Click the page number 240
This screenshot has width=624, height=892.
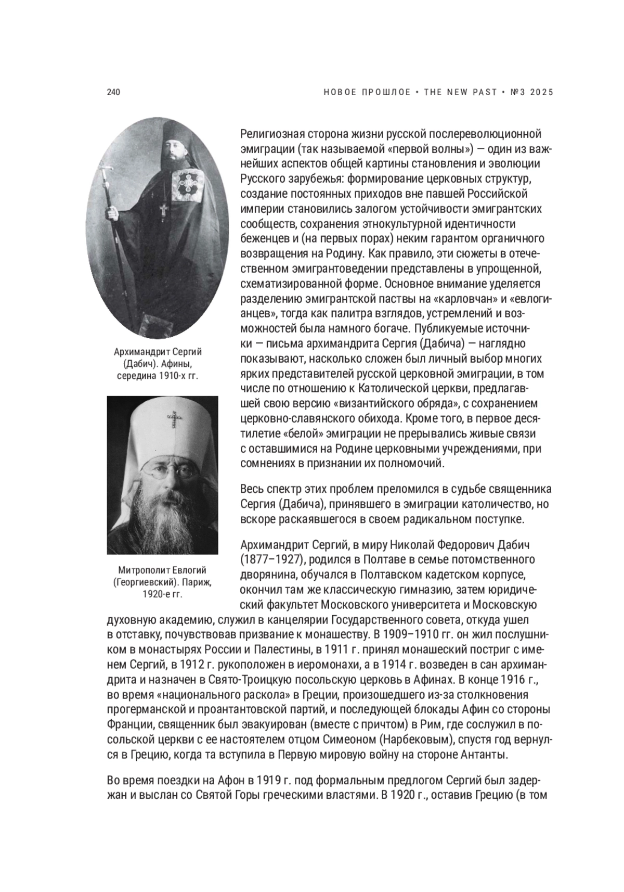tap(113, 92)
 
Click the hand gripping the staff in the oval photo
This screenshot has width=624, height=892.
tap(110, 213)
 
